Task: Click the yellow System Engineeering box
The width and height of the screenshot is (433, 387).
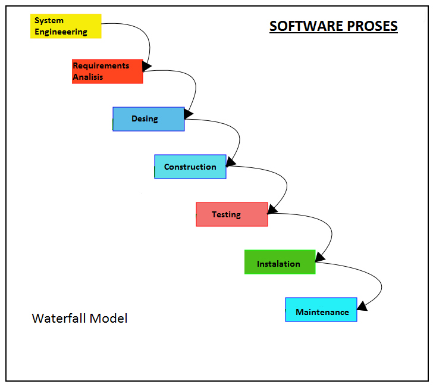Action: [65, 26]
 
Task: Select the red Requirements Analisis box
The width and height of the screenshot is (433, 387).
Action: [107, 71]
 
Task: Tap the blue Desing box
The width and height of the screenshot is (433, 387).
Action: [148, 119]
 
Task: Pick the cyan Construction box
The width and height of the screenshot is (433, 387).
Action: [190, 167]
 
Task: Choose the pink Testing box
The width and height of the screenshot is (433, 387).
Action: [231, 214]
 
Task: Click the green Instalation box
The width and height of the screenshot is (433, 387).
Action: [280, 262]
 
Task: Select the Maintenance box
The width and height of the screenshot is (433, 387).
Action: [321, 310]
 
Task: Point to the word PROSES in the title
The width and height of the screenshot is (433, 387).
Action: [372, 26]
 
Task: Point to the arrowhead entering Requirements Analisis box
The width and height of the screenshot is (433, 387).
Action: [147, 65]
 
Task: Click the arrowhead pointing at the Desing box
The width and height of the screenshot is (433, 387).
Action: [189, 113]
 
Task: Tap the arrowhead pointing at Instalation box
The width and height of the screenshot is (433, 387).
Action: [320, 257]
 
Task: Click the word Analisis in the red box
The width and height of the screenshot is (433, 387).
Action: [88, 77]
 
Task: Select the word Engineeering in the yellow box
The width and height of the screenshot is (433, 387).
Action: [61, 32]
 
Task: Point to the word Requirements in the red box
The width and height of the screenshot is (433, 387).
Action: [101, 65]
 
